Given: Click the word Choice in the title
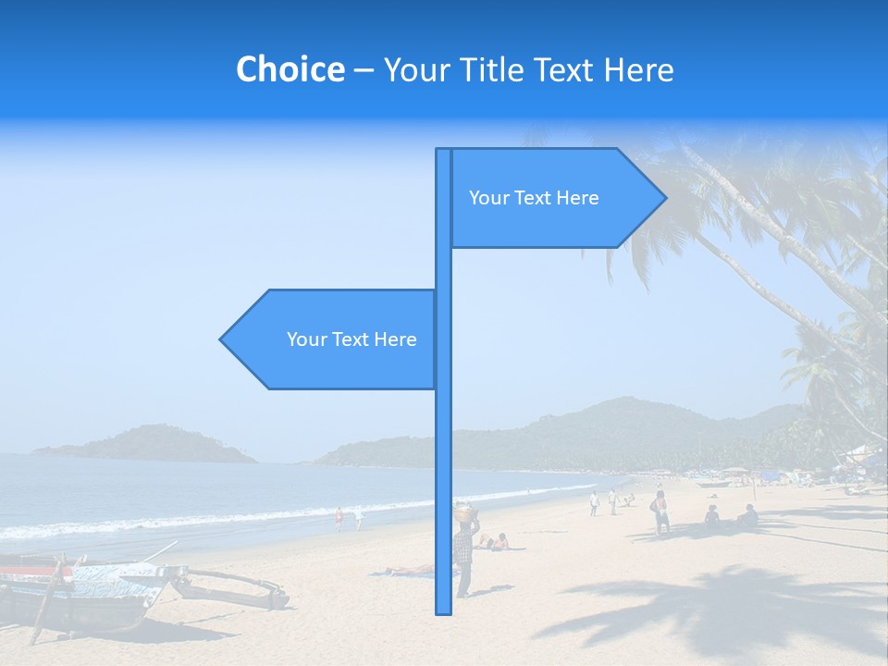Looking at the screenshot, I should point(290,69).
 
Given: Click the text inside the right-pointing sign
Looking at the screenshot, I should point(534,198).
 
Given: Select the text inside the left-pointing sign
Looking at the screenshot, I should point(351,339).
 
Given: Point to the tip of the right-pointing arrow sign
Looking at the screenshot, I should point(665,197).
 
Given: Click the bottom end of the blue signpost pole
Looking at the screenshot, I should point(443,610).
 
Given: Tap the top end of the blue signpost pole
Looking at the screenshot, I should point(443,152).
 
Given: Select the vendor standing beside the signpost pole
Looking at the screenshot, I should point(464,555).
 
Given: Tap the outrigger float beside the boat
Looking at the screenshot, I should point(231,592).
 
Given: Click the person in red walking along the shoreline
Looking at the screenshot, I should point(339,519).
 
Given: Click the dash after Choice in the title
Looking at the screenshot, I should point(364,70).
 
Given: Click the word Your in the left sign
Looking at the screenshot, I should point(306,339).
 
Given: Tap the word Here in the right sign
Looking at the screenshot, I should point(578,198).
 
